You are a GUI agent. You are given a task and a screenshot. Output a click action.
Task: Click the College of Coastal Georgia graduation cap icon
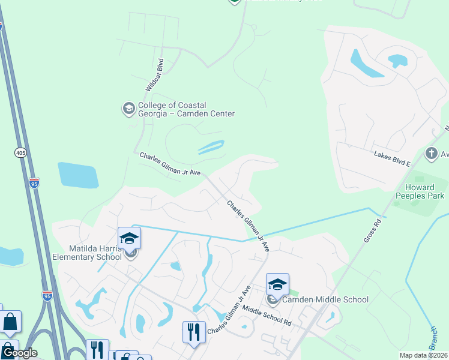click(x=128, y=109)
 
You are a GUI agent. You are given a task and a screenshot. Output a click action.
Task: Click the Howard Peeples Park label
click(x=420, y=191)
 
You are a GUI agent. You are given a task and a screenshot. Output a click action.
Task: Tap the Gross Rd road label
click(x=372, y=230)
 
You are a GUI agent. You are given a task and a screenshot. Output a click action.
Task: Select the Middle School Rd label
click(x=267, y=315)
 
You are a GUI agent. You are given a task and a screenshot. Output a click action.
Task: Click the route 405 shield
click(x=21, y=153)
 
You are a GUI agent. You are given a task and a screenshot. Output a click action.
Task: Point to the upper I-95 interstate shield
click(x=34, y=182)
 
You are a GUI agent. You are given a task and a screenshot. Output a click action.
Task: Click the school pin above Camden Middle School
click(x=277, y=284)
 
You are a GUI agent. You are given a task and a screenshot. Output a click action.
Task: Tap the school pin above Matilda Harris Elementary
click(x=129, y=238)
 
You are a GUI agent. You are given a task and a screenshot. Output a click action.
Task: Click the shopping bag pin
click(x=11, y=322)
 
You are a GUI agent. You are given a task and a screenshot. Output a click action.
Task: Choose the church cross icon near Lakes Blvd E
click(x=431, y=154)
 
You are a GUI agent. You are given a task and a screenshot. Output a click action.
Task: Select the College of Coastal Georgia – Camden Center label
click(x=186, y=109)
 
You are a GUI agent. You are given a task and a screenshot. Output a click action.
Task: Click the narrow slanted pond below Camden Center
click(x=209, y=147)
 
